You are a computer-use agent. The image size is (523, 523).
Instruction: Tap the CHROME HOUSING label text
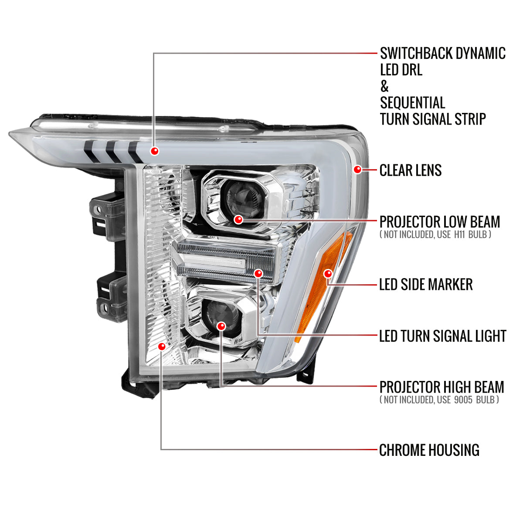click(429, 450)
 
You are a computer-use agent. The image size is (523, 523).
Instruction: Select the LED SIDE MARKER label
click(426, 285)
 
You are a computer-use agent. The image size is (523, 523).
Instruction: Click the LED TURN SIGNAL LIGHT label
click(442, 336)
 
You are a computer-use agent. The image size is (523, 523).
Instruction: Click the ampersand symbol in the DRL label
click(384, 86)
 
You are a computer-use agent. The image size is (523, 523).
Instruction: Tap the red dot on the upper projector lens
click(238, 220)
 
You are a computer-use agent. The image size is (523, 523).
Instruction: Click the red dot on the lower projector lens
click(221, 326)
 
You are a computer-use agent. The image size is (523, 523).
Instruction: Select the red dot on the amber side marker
click(328, 274)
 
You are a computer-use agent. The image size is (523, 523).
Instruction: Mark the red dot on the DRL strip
click(154, 151)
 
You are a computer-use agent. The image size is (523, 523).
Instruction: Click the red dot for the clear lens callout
click(358, 170)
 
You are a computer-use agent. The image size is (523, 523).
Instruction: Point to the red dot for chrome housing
click(162, 346)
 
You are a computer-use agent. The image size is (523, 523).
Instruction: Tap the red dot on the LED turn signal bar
click(258, 274)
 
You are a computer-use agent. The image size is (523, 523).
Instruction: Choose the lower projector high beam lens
click(222, 312)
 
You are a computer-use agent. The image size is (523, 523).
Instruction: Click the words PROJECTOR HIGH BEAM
click(441, 387)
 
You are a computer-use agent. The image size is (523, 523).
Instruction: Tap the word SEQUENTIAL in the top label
click(412, 103)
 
